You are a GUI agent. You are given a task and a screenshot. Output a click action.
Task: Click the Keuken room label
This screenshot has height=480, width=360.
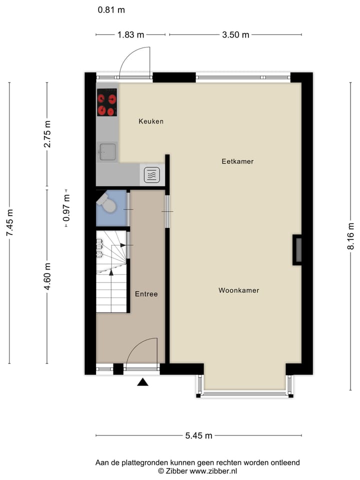click(x=151, y=121)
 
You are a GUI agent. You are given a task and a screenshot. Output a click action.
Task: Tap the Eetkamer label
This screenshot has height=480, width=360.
click(x=237, y=161)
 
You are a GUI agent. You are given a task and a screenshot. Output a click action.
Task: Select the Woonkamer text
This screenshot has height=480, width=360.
click(x=238, y=290)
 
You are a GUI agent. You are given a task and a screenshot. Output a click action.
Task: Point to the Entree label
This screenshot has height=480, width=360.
click(x=146, y=294)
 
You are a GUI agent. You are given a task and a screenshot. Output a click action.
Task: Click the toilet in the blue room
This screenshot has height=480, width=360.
click(x=106, y=203)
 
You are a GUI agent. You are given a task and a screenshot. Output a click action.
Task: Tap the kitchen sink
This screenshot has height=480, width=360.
click(x=107, y=151)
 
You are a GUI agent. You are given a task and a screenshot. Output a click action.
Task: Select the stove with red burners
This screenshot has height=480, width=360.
click(x=107, y=102)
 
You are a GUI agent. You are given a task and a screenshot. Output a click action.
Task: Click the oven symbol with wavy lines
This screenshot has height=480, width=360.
click(x=152, y=175)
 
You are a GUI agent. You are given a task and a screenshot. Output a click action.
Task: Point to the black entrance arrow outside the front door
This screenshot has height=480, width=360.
click(x=143, y=382)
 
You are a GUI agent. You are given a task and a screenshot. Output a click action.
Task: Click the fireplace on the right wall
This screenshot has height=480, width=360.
click(x=297, y=249)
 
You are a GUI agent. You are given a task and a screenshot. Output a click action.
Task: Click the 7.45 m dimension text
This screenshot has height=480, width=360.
click(x=9, y=223)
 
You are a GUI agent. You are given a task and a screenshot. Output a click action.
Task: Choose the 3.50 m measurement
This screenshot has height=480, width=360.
click(x=235, y=34)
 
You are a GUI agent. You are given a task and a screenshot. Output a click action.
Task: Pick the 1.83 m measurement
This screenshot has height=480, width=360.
click(x=130, y=34)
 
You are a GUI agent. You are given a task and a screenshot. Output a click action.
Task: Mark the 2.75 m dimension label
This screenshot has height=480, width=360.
click(x=47, y=134)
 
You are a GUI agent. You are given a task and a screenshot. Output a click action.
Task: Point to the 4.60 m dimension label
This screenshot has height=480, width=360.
click(x=47, y=276)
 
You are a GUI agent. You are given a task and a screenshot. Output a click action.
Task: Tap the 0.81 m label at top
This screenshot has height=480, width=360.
click(x=111, y=9)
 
